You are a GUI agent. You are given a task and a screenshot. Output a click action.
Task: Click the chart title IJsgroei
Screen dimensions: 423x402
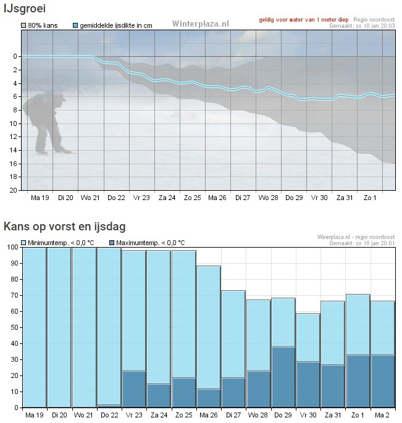click(25, 9)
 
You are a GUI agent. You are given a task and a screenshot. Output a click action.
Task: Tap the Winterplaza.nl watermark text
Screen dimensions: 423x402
click(200, 23)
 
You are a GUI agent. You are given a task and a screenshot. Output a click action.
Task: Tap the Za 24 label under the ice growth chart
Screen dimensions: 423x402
click(167, 198)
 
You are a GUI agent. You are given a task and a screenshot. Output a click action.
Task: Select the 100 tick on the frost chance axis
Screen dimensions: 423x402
click(12, 248)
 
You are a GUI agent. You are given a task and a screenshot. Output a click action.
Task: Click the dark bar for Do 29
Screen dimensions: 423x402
click(283, 377)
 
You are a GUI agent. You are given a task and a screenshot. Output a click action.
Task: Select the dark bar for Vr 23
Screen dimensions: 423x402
click(134, 389)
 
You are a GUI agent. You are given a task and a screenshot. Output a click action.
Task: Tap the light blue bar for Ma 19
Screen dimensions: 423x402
click(35, 327)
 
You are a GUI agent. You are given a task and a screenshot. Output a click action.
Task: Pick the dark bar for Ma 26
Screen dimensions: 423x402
click(209, 398)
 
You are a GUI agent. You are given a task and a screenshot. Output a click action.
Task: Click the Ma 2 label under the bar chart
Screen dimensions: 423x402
click(382, 414)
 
